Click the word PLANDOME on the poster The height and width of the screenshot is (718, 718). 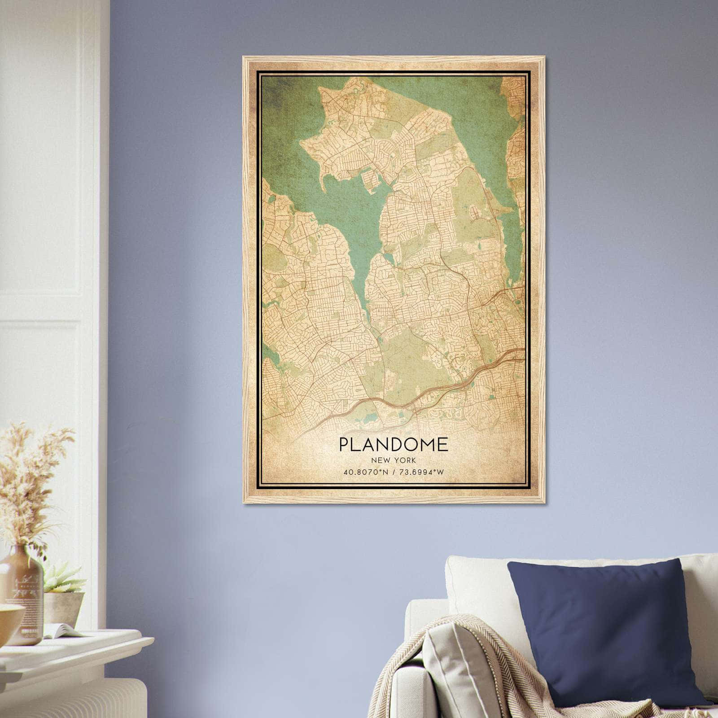click(393, 444)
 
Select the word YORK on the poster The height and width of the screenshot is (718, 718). click(406, 460)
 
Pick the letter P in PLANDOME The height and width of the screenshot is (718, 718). click(343, 444)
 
